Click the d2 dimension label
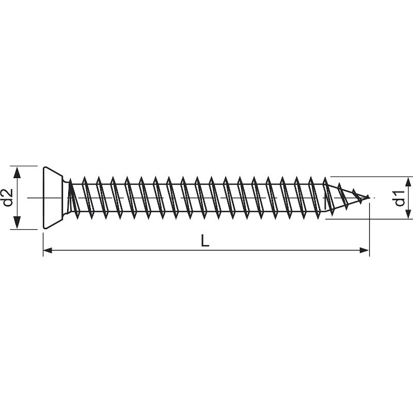[x=7, y=198]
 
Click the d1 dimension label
[x=399, y=198]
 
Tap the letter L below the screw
[x=205, y=241]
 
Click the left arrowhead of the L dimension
[x=47, y=250]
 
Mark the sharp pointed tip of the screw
[x=370, y=197]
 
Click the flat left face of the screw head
[x=43, y=197]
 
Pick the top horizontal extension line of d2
[x=26, y=166]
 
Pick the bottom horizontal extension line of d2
[x=26, y=229]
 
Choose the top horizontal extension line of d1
[x=372, y=176]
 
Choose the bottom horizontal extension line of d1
[x=372, y=219]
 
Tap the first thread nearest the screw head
[x=73, y=197]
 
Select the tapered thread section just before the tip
[x=343, y=196]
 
